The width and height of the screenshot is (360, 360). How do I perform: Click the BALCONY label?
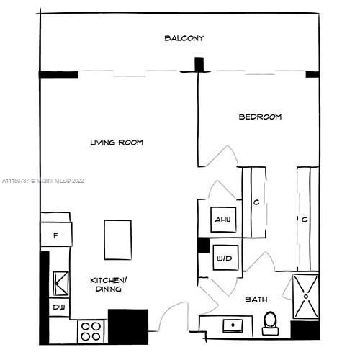[x=184, y=38]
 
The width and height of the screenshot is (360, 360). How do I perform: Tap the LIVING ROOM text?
[x=117, y=143]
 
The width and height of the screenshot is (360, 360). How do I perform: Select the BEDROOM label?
[x=260, y=117]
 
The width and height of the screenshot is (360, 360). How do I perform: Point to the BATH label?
[x=256, y=300]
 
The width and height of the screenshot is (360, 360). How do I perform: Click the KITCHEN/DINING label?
[x=109, y=284]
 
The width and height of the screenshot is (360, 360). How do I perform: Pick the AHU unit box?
[x=223, y=220]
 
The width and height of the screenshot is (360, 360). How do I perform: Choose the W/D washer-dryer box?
[x=225, y=258]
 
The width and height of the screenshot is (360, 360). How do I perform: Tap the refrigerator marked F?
[x=56, y=235]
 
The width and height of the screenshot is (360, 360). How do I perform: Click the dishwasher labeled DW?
[x=59, y=307]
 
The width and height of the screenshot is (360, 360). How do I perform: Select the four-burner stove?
[x=91, y=331]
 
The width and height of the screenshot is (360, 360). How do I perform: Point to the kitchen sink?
[x=60, y=284]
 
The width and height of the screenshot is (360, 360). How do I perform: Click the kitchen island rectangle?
[x=117, y=240]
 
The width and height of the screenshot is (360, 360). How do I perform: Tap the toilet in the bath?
[x=270, y=323]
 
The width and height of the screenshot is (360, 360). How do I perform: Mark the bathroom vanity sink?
[x=233, y=325]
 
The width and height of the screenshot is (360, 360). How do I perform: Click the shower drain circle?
[x=306, y=297]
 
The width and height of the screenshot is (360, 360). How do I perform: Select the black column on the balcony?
[x=199, y=64]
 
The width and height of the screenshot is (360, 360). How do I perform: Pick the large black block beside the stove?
[x=128, y=327]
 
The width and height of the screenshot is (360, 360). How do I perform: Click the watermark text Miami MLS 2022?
[x=43, y=181]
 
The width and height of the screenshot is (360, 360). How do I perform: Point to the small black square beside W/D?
[x=204, y=245]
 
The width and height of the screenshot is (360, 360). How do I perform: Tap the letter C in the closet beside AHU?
[x=256, y=202]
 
